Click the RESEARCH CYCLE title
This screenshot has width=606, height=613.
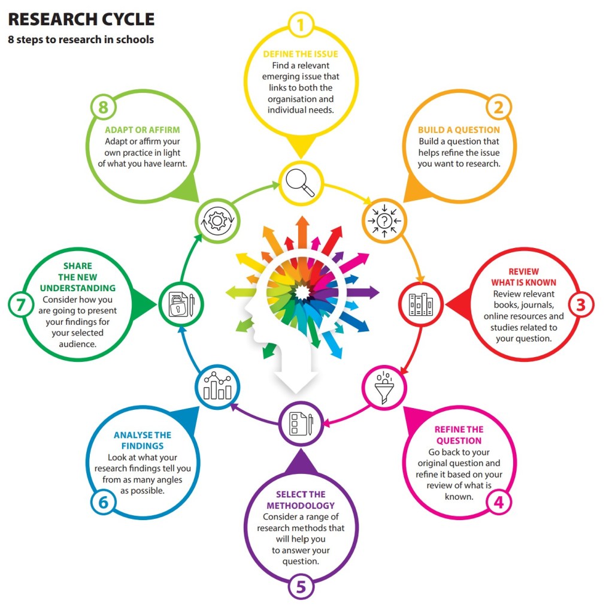tap(81, 19)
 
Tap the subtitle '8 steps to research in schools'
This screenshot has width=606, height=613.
tap(81, 40)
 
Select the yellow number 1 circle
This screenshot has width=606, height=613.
tap(301, 25)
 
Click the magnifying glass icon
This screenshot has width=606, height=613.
tap(301, 182)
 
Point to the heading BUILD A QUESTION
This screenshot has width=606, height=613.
tap(459, 129)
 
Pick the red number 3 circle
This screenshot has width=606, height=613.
tap(580, 304)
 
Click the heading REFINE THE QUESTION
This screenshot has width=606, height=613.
tap(458, 435)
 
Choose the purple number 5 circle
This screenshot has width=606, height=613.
tap(301, 587)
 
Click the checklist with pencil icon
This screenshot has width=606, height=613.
tap(301, 424)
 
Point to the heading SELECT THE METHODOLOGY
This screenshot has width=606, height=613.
tap(301, 500)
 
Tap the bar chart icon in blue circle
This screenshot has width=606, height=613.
tap(218, 386)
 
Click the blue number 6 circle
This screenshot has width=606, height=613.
tap(103, 502)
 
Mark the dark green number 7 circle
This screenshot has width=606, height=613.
tap(22, 304)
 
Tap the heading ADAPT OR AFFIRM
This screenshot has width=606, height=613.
tap(143, 129)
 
